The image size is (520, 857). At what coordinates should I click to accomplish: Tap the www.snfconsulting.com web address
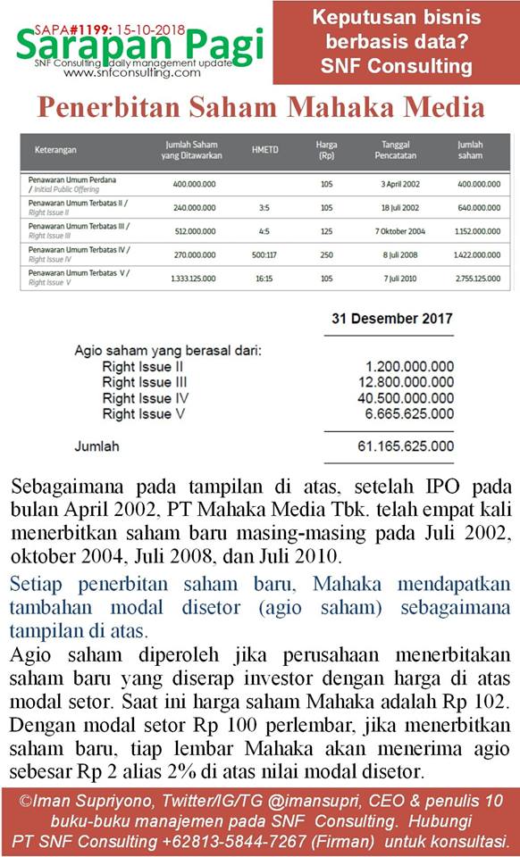coord(132,73)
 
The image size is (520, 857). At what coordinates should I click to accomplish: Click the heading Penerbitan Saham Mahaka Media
coord(260,108)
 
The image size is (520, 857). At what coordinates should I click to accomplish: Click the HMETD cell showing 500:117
coord(264,254)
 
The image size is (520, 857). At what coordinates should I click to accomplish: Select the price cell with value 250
coord(326,254)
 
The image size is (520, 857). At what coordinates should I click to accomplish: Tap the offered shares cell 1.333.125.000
coord(193,278)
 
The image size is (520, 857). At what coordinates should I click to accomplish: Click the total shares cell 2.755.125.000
coord(478,278)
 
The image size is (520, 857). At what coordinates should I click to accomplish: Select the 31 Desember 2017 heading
coord(391,318)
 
